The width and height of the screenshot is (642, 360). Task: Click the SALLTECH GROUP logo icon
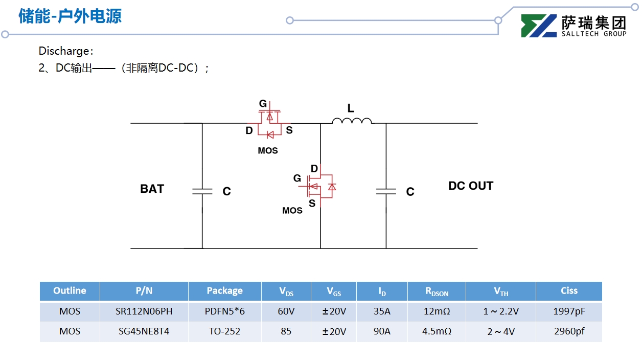[x=539, y=26]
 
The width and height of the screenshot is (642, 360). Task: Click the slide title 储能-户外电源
[x=70, y=16]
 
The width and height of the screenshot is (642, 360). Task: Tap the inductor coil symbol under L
[x=352, y=121]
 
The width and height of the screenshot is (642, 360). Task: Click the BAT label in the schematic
[x=152, y=189]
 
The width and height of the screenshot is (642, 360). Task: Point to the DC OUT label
[x=470, y=186]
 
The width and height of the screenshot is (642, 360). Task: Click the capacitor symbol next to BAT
[x=202, y=191]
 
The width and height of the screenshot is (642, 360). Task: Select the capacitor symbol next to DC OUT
[x=386, y=191]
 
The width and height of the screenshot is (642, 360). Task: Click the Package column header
[x=224, y=290]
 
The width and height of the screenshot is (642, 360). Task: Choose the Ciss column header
[x=569, y=290]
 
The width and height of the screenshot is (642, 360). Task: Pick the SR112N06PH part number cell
[x=144, y=311]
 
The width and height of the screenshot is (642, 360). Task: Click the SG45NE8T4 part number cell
[x=144, y=331]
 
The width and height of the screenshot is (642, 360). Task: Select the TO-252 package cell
[x=224, y=331]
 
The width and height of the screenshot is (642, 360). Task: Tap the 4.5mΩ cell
[x=437, y=331]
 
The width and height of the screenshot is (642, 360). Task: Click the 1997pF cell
[x=569, y=311]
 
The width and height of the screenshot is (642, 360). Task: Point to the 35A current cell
[x=382, y=311]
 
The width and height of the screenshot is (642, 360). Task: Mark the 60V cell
[x=286, y=311]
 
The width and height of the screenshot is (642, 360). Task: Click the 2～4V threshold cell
[x=501, y=331]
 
